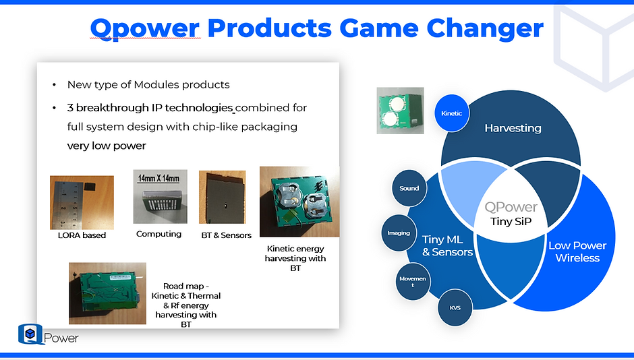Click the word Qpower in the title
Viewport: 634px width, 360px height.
[x=145, y=28]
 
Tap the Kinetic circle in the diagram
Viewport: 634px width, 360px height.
[x=452, y=113]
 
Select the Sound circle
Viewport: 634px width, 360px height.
[x=409, y=188]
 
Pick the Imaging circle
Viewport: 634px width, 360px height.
[x=399, y=233]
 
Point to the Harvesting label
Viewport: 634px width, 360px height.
[x=513, y=128]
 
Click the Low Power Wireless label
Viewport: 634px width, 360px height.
[x=577, y=251]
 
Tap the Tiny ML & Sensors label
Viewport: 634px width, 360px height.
[x=447, y=245]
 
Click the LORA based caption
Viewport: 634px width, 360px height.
[x=82, y=235]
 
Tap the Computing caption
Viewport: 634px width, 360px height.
[x=158, y=234]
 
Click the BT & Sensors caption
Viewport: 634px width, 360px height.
[x=226, y=235]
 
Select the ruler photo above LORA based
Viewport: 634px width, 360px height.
[x=82, y=202]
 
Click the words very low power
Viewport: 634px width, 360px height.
[x=106, y=146]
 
